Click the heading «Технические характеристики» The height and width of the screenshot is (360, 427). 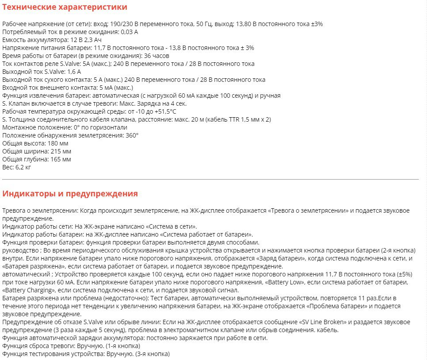tap(65, 7)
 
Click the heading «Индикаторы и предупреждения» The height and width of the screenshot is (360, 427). tap(70, 194)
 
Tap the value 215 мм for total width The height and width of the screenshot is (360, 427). tap(60, 151)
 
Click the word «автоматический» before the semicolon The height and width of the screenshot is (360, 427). tap(25, 274)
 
